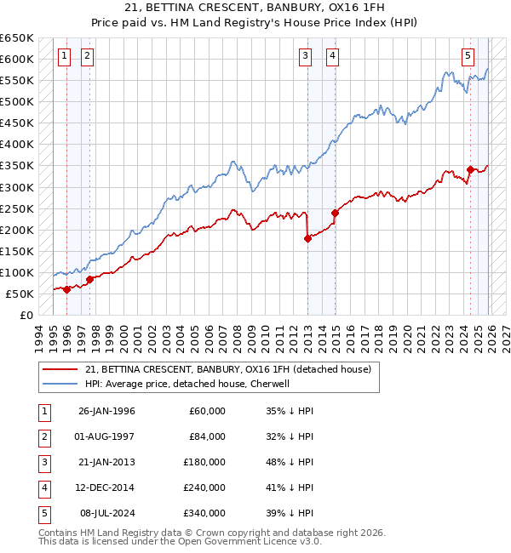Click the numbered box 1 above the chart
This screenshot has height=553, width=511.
[65, 57]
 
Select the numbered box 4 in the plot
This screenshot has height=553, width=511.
[331, 57]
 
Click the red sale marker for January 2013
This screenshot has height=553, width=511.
[307, 239]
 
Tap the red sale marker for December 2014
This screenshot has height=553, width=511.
[335, 213]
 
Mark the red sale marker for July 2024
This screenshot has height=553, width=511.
[470, 170]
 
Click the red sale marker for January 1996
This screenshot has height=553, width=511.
[67, 289]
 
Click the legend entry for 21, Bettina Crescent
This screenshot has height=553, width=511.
[227, 369]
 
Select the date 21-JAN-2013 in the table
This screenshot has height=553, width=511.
[106, 462]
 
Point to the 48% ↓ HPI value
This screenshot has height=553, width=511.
[290, 462]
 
